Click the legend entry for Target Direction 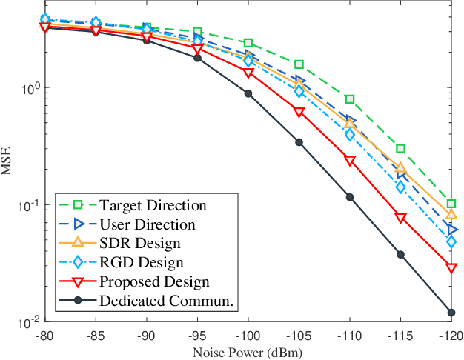click(153, 204)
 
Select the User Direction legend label click(147, 224)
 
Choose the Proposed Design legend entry click(153, 281)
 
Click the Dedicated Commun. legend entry click(162, 301)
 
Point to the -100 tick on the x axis click(248, 335)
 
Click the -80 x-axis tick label click(44, 335)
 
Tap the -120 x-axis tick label click(451, 335)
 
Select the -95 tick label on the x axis click(197, 335)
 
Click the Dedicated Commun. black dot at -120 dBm click(451, 313)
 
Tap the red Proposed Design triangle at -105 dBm click(299, 113)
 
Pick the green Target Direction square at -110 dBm click(350, 99)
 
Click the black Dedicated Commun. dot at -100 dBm click(248, 93)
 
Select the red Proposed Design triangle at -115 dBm click(401, 219)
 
